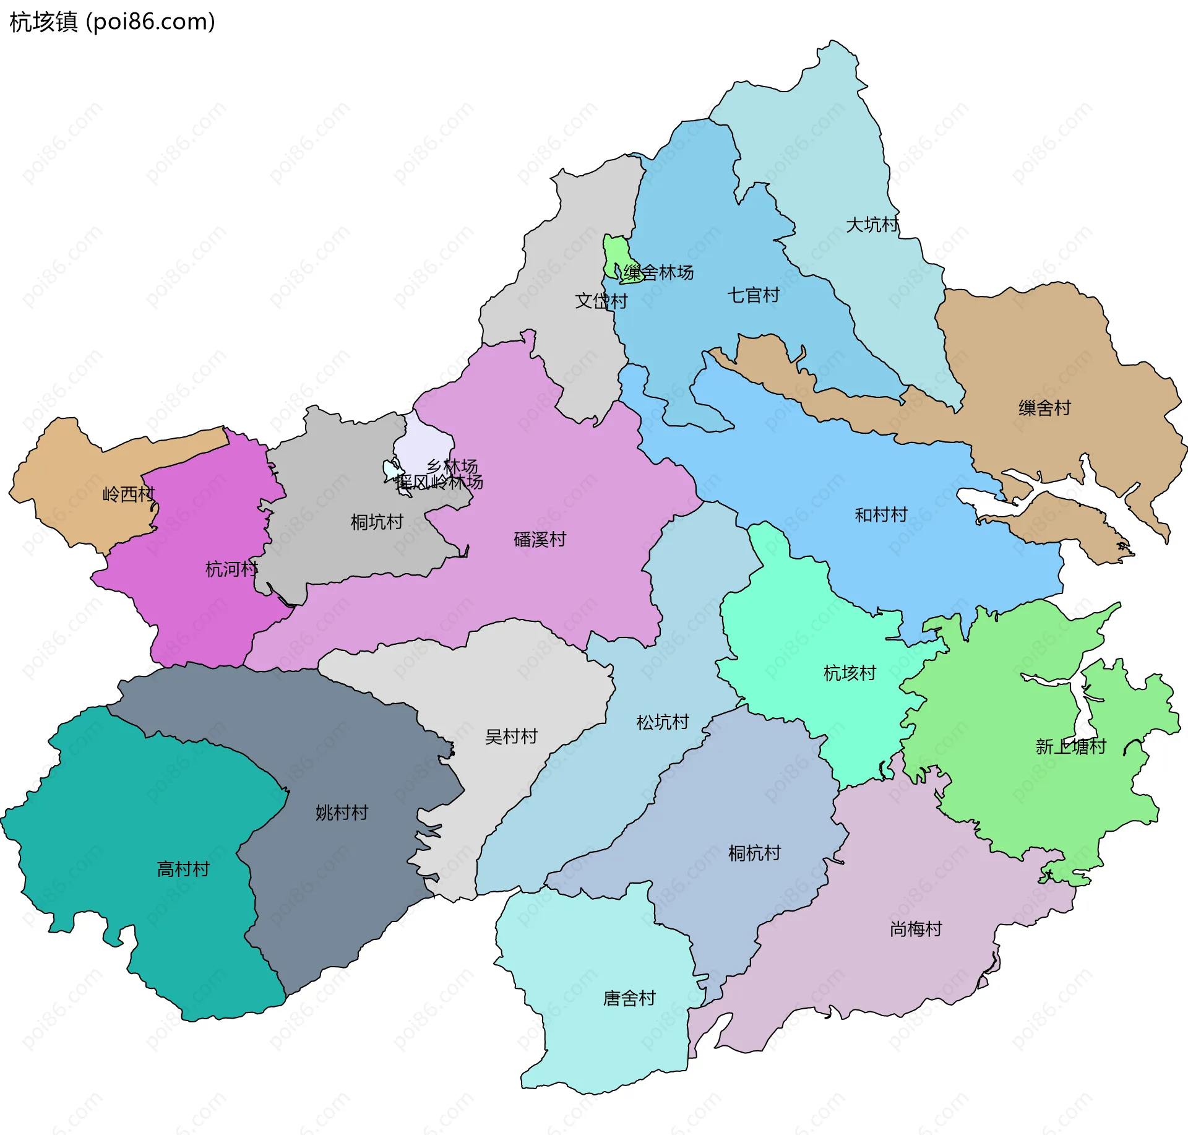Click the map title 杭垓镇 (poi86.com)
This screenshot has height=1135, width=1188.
112,22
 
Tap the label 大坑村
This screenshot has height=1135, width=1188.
872,224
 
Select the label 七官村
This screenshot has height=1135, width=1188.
753,295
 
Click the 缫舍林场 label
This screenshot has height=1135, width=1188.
658,272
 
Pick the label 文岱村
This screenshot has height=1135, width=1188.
601,301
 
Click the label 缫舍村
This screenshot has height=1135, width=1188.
1044,408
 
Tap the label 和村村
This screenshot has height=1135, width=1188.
880,515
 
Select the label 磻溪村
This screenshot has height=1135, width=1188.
540,539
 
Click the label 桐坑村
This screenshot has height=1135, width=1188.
377,522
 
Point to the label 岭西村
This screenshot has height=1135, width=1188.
129,494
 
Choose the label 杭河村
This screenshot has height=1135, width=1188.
231,569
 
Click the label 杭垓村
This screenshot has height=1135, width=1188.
850,673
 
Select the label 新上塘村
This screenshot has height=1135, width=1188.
1070,746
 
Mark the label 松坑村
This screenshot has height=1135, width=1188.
663,722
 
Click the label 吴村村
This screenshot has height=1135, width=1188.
511,736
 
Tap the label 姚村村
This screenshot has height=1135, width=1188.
342,813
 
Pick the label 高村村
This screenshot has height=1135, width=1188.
183,869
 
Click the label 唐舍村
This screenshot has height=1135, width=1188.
629,998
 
